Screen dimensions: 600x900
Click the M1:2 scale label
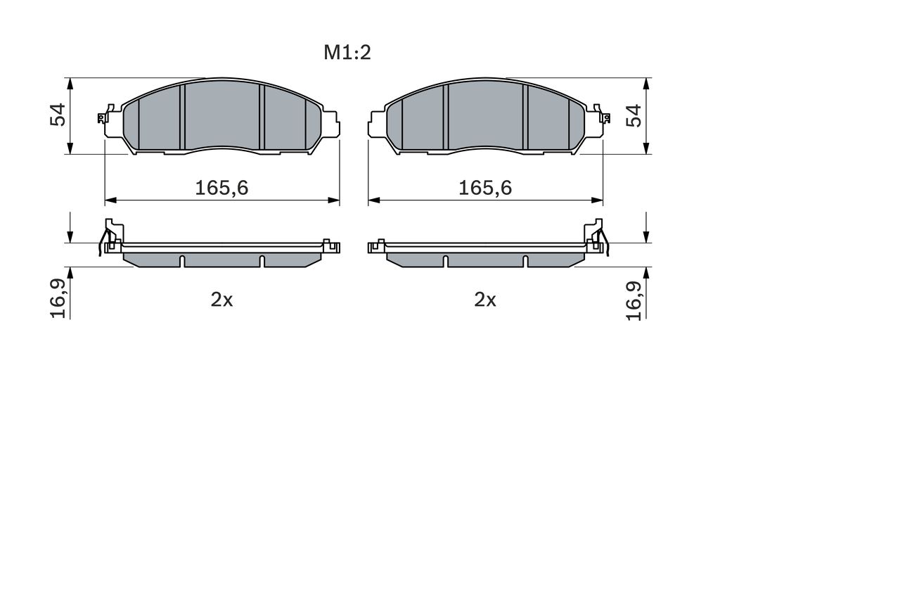(347, 53)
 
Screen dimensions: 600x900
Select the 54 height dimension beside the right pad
(634, 115)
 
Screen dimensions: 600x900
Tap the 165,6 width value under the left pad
(222, 188)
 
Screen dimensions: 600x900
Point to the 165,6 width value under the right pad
(485, 188)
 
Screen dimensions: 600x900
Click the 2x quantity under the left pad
(222, 300)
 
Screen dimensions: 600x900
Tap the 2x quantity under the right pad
(485, 300)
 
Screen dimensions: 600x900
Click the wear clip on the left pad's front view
(105, 115)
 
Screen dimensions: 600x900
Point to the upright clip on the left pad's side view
(110, 234)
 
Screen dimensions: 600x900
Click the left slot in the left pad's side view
(182, 261)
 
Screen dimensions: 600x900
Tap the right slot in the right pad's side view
(525, 261)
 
